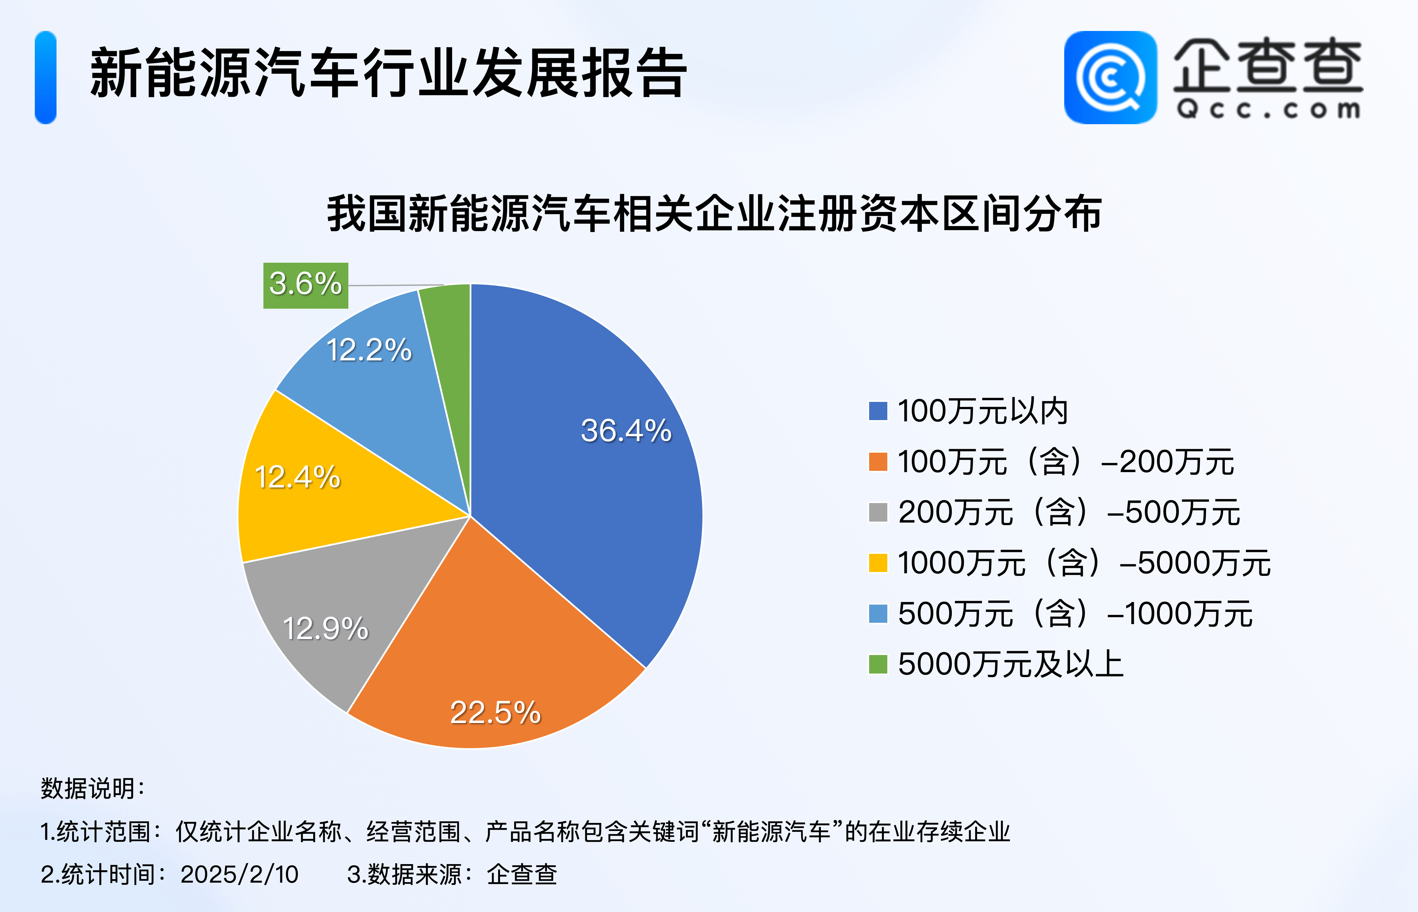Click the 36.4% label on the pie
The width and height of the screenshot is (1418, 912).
(626, 431)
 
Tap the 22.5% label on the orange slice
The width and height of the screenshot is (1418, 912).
(495, 712)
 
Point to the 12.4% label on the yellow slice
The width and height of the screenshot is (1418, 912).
(297, 477)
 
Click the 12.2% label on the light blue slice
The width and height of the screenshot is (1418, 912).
(369, 350)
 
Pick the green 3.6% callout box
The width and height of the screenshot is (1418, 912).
(306, 285)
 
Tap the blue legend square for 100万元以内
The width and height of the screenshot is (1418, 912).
(878, 411)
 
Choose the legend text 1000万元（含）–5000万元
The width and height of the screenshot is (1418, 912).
(1084, 562)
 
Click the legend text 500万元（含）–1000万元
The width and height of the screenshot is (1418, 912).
(1075, 614)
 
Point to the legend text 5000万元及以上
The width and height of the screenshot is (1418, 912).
(1011, 664)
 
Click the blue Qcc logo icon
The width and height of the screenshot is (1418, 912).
(1110, 78)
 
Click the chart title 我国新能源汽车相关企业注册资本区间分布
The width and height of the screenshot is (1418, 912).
(714, 214)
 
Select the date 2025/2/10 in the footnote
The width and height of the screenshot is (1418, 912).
(239, 874)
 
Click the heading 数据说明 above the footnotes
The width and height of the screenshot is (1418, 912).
(92, 788)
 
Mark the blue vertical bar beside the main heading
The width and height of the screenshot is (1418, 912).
(46, 78)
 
